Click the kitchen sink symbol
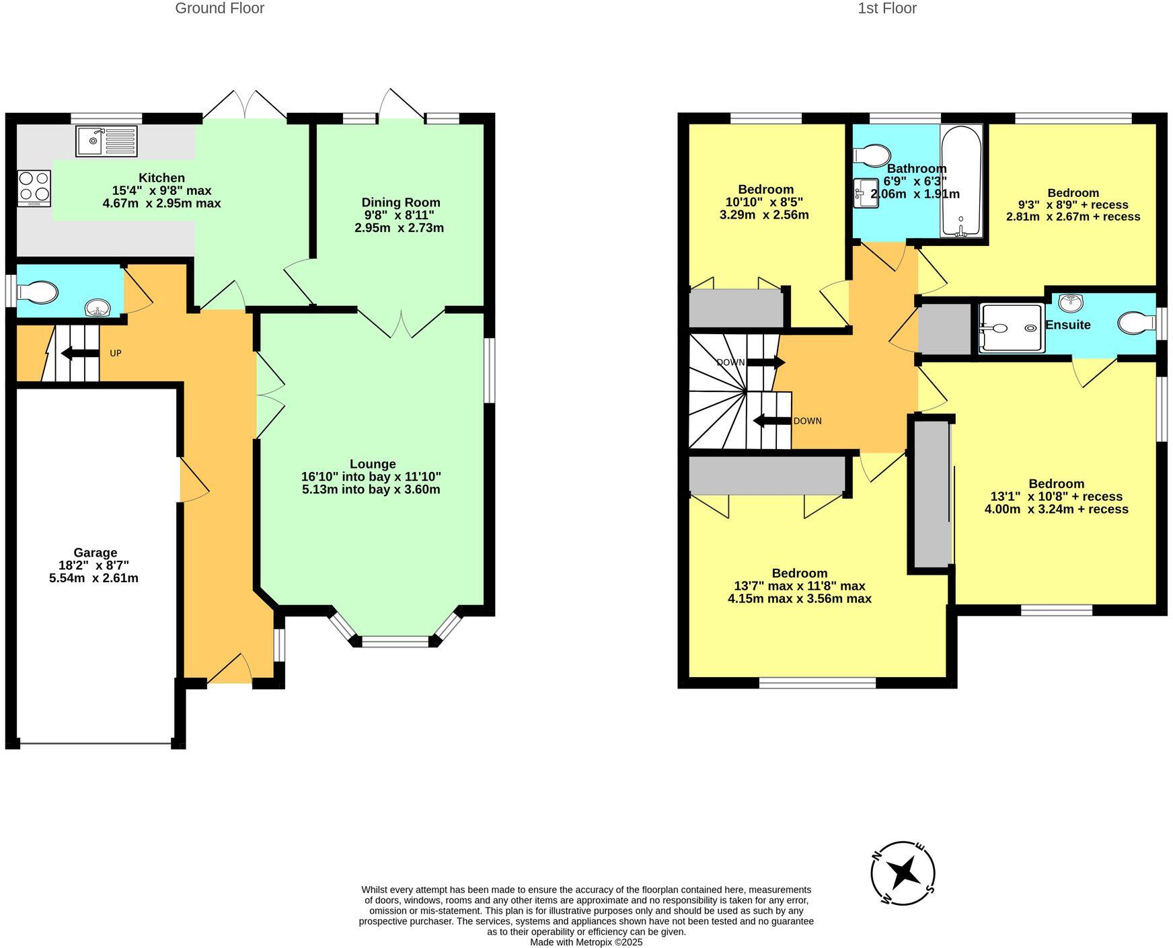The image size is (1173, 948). click(x=107, y=141)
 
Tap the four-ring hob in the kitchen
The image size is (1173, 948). click(x=34, y=188)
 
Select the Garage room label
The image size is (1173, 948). click(x=95, y=553)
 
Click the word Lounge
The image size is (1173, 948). click(x=373, y=464)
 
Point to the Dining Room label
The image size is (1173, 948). click(x=401, y=202)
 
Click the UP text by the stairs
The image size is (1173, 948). click(x=116, y=353)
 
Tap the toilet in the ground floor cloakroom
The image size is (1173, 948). click(x=38, y=292)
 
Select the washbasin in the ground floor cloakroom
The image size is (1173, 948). click(x=98, y=308)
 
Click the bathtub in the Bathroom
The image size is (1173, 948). click(x=961, y=180)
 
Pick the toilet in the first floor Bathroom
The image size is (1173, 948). click(x=872, y=155)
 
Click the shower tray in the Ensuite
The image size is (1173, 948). click(x=1012, y=328)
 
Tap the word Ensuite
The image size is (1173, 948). click(x=1067, y=325)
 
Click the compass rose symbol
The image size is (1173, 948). click(x=903, y=873)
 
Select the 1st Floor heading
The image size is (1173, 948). click(x=886, y=9)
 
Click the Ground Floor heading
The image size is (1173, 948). click(x=219, y=9)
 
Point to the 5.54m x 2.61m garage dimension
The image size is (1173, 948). click(x=93, y=578)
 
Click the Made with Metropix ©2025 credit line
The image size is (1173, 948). click(x=586, y=942)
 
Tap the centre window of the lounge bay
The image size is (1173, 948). click(x=395, y=641)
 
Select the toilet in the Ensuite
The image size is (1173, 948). click(x=1136, y=323)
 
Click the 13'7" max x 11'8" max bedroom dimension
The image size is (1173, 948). click(x=799, y=586)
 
